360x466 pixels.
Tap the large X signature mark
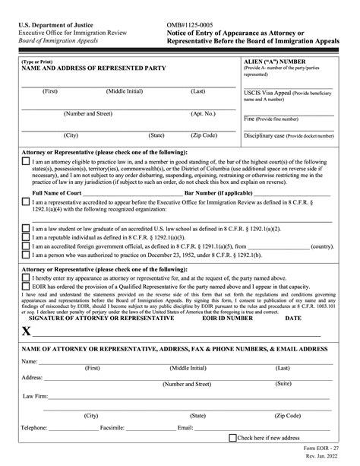click(27, 331)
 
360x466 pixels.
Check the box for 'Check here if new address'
click(233, 438)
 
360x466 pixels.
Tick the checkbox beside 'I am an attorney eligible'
click(26, 162)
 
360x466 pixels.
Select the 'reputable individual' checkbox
click(26, 237)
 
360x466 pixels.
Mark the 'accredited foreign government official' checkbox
click(26, 246)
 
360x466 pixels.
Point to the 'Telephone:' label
click(35, 428)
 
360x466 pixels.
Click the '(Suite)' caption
click(283, 385)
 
